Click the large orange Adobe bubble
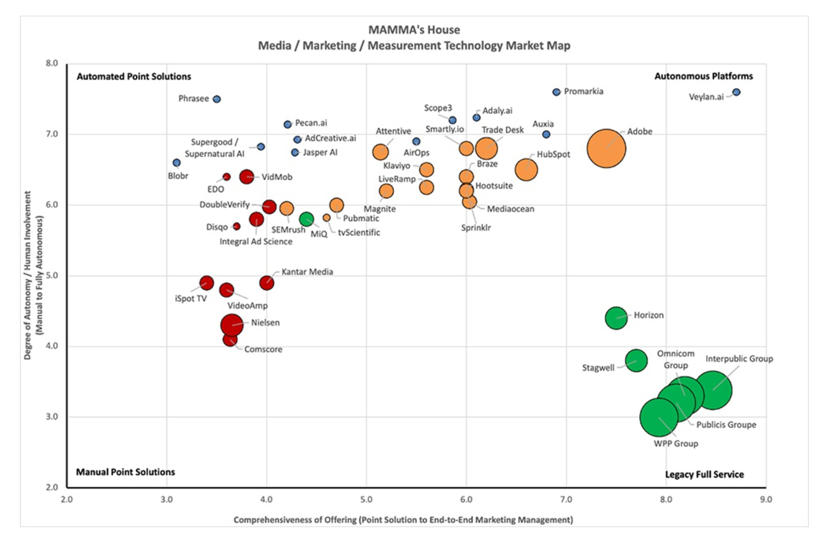click(x=606, y=148)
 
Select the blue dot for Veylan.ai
click(x=736, y=92)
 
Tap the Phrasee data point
click(x=217, y=99)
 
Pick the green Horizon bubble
click(x=616, y=318)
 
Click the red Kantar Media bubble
click(x=267, y=283)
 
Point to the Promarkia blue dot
click(x=556, y=92)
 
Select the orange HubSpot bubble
click(x=526, y=169)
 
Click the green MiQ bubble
click(x=306, y=219)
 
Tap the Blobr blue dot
click(x=177, y=163)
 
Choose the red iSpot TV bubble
click(x=207, y=283)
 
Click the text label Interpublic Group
click(x=739, y=359)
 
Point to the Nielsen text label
click(x=265, y=322)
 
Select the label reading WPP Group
click(x=676, y=443)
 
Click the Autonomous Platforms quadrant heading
click(x=703, y=76)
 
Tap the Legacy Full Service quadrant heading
click(x=704, y=474)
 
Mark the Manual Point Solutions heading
click(x=125, y=472)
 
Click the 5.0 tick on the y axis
click(x=52, y=276)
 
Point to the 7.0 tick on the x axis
click(x=566, y=499)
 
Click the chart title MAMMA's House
click(x=414, y=30)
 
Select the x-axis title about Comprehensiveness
click(x=403, y=520)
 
